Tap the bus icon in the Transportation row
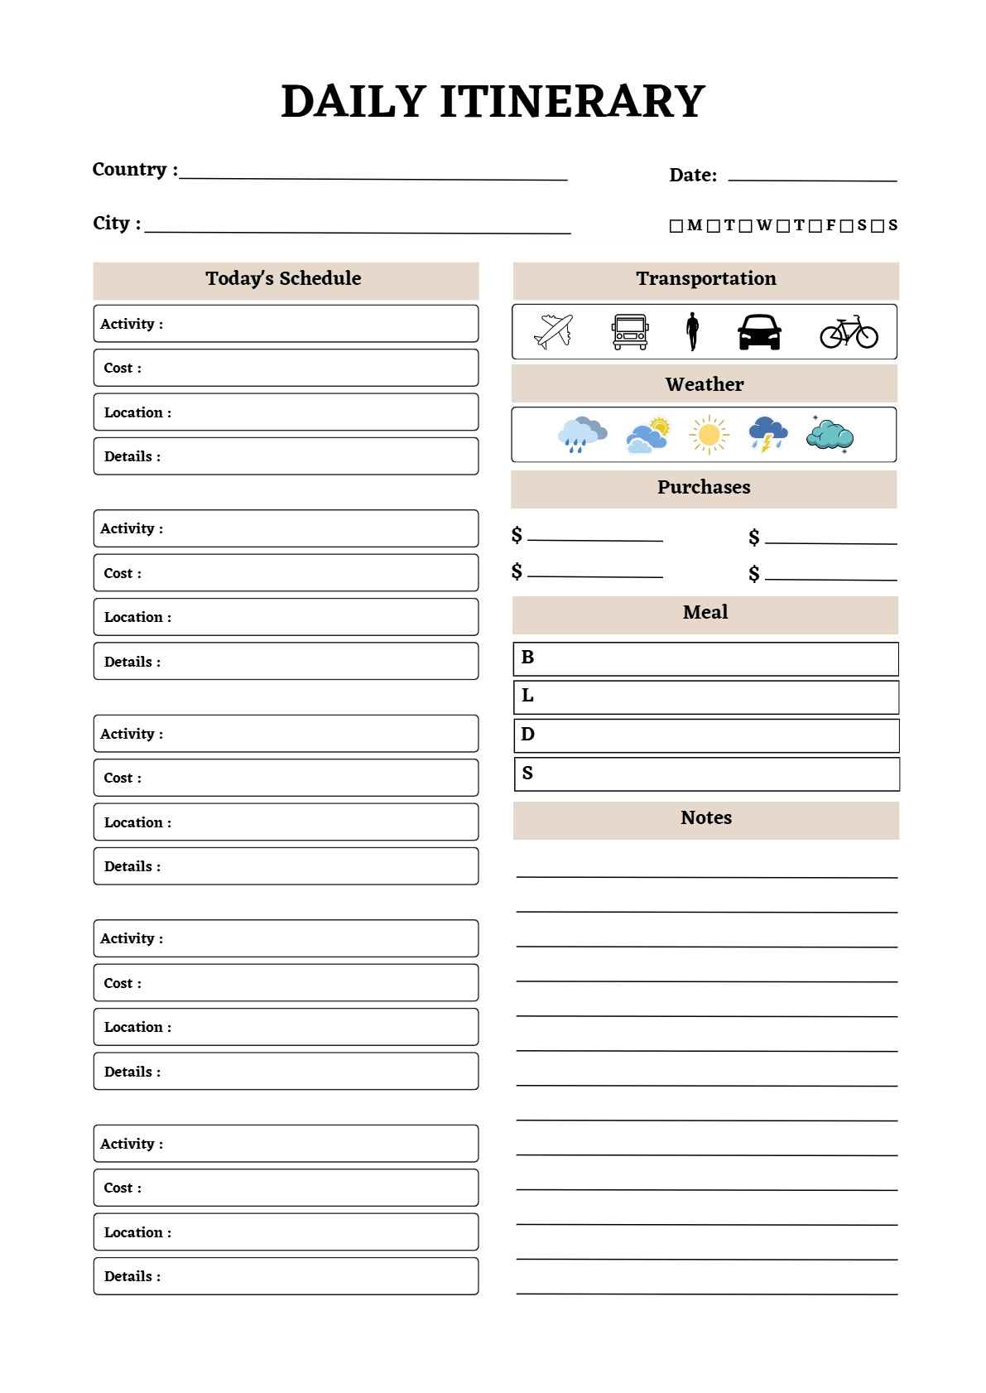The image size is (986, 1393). pyautogui.click(x=630, y=332)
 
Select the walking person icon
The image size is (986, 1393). pyautogui.click(x=692, y=331)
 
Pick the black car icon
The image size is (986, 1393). pyautogui.click(x=759, y=332)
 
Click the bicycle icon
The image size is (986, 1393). pyautogui.click(x=849, y=332)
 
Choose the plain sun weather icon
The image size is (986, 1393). pyautogui.click(x=709, y=435)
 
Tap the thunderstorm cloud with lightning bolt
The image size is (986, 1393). pyautogui.click(x=767, y=435)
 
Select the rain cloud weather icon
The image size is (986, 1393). pyautogui.click(x=582, y=435)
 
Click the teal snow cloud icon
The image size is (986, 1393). pyautogui.click(x=830, y=435)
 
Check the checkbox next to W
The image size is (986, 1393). pyautogui.click(x=745, y=226)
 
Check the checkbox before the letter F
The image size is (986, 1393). pyautogui.click(x=815, y=226)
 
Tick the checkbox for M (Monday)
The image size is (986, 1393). pyautogui.click(x=676, y=226)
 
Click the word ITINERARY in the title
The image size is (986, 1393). pyautogui.click(x=572, y=102)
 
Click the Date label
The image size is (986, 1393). pyautogui.click(x=693, y=175)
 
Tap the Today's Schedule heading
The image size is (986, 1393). pyautogui.click(x=283, y=279)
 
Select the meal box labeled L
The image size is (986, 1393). pyautogui.click(x=705, y=697)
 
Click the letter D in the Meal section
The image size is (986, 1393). pyautogui.click(x=527, y=735)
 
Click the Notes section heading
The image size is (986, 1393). pyautogui.click(x=705, y=818)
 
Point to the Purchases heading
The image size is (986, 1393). pyautogui.click(x=704, y=488)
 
